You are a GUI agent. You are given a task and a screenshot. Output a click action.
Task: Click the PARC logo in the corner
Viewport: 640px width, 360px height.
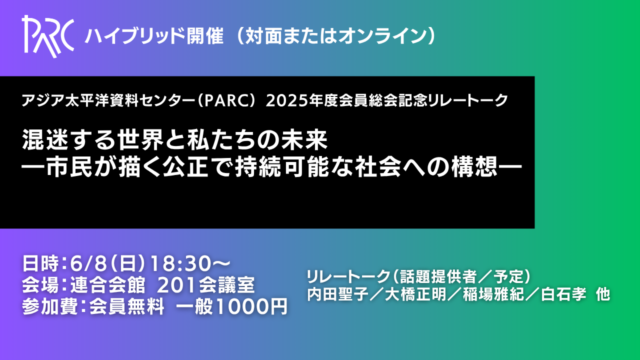pos(48,36)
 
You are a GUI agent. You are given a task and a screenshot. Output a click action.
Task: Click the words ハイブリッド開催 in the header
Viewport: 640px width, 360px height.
pos(154,36)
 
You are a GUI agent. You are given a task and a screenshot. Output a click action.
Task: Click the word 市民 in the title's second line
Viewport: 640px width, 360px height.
pos(69,167)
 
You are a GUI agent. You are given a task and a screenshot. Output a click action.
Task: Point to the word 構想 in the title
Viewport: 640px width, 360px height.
pos(474,167)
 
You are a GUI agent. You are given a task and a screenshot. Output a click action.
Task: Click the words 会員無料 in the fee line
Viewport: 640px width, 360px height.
pos(127,307)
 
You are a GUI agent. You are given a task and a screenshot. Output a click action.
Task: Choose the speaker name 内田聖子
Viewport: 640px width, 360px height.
pos(337,294)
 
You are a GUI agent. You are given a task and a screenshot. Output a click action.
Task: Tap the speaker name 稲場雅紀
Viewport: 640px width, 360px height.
pos(493,294)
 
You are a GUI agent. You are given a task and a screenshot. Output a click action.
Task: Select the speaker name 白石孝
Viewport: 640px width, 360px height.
pos(563,294)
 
